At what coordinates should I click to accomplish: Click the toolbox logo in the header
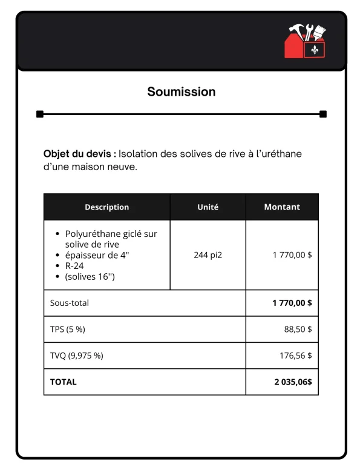click(x=306, y=41)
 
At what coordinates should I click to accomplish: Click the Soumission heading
click(x=181, y=92)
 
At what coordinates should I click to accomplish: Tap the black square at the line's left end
click(x=40, y=114)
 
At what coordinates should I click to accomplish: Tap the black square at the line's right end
click(x=323, y=114)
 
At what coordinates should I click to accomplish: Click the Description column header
click(x=106, y=207)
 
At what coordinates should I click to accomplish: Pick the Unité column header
click(x=208, y=207)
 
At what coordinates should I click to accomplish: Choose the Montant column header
click(x=282, y=207)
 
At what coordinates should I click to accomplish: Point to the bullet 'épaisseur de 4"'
click(x=97, y=255)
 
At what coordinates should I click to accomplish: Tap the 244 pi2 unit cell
click(x=208, y=255)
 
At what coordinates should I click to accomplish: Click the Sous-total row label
click(x=69, y=303)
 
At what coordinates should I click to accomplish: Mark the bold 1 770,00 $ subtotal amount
click(x=292, y=303)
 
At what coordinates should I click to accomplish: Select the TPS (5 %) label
click(x=68, y=329)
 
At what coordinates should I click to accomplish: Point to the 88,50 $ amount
click(x=298, y=329)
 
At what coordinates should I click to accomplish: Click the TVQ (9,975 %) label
click(x=76, y=356)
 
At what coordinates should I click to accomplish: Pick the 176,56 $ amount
click(x=295, y=356)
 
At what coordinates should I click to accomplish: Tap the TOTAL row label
click(x=63, y=382)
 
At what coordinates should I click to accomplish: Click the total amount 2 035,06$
click(x=293, y=382)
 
